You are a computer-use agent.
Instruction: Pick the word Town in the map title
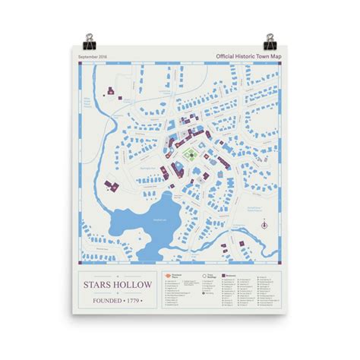[264, 56]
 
